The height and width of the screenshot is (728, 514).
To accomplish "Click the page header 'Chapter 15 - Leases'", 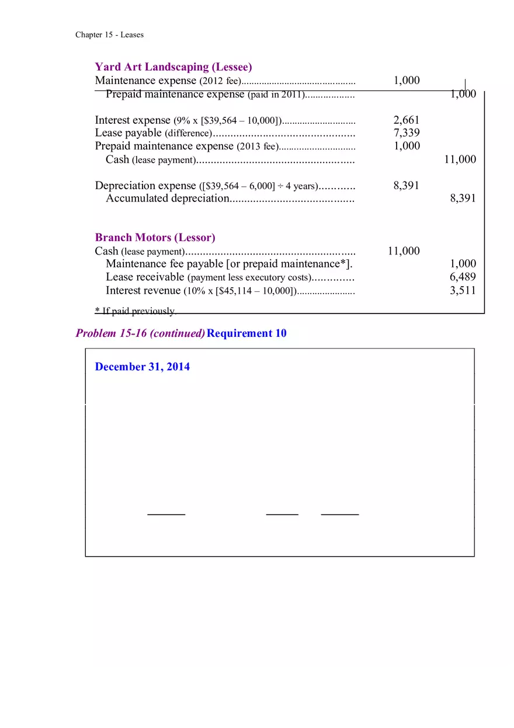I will (x=109, y=35).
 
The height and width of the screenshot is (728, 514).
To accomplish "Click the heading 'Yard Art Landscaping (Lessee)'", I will (x=173, y=67).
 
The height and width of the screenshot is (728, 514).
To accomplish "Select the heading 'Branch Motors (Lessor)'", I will (x=155, y=238).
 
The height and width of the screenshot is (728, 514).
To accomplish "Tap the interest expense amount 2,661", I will (x=407, y=120).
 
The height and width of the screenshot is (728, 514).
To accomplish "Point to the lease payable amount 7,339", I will (x=407, y=133).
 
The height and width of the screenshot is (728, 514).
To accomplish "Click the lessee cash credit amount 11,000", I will (x=460, y=159).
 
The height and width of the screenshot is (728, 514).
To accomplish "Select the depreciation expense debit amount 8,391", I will (x=407, y=186).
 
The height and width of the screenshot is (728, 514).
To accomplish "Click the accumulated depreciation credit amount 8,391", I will (x=463, y=198).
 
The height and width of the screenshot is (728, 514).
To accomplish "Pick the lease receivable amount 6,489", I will (x=463, y=277).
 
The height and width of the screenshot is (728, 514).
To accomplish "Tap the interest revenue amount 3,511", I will (x=463, y=290).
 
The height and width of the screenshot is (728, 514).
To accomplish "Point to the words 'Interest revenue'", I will (x=143, y=290).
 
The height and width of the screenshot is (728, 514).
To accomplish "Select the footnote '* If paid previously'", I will (x=134, y=311).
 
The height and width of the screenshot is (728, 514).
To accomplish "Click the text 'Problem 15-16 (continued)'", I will (x=140, y=333).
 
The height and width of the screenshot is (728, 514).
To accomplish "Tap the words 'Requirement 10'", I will (x=246, y=333).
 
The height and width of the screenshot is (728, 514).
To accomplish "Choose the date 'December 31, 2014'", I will (x=142, y=367).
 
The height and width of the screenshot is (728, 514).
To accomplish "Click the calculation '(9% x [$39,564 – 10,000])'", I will (x=228, y=121).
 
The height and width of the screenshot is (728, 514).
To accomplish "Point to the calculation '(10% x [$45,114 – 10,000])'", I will (x=239, y=291).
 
